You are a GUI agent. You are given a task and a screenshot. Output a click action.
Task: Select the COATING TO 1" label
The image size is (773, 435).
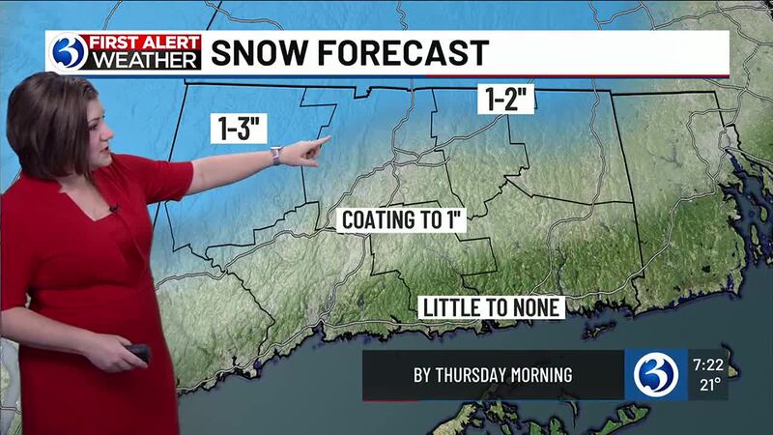pyautogui.click(x=404, y=219)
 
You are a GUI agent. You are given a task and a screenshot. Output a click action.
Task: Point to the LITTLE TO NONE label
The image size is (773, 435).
pyautogui.click(x=492, y=306)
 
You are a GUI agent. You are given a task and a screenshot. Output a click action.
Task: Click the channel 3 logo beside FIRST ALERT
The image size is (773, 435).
pyautogui.click(x=68, y=52)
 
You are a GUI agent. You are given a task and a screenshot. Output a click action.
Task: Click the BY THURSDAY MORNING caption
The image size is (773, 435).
pyautogui.click(x=493, y=375)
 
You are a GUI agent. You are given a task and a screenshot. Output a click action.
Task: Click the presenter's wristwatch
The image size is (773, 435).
pyautogui.click(x=276, y=156)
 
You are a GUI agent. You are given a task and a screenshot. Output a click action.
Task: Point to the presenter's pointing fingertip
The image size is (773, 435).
pyautogui.click(x=327, y=140)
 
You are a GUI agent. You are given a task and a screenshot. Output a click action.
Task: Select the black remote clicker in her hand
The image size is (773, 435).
pyautogui.click(x=138, y=353)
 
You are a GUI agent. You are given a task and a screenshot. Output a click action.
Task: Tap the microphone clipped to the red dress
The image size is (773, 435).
pyautogui.click(x=114, y=208)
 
